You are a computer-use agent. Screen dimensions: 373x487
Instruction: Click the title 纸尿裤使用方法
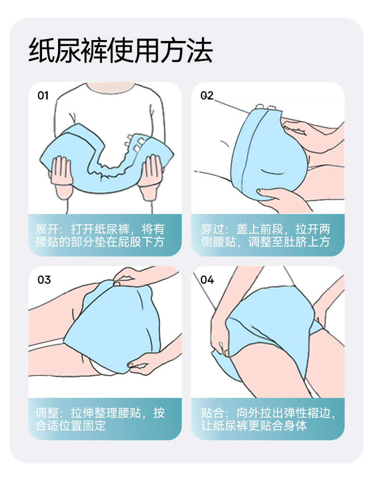pos(121,50)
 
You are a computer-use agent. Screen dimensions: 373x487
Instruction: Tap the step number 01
pos(43,96)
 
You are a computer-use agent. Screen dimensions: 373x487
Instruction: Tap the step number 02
pos(207,95)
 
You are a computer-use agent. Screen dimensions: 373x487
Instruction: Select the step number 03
pos(44,280)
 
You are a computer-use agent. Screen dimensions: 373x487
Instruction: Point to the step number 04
pos(207,280)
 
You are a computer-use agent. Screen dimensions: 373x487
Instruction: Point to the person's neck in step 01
pos(110,87)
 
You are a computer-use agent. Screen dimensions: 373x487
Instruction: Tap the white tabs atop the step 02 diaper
pos(265,107)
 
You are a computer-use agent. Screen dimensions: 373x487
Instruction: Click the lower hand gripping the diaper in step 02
pos(280,199)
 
